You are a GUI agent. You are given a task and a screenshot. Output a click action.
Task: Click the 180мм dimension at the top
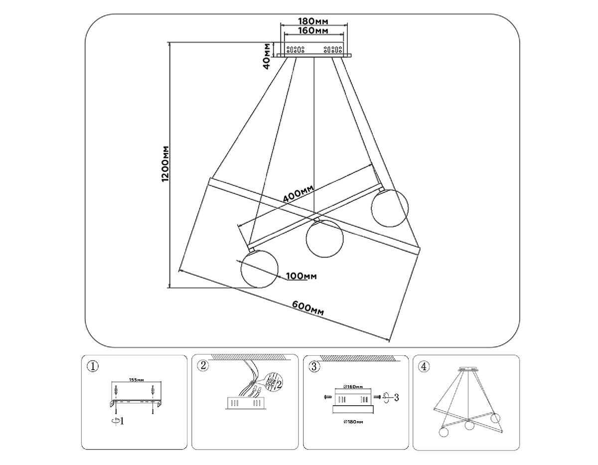point(313,21)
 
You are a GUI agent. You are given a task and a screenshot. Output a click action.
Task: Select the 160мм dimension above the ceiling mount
point(313,31)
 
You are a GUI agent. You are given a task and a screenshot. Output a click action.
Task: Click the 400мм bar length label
point(298,194)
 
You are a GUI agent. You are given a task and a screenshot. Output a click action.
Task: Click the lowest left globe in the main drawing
point(259,268)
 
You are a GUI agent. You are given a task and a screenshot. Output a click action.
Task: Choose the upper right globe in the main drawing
point(390,207)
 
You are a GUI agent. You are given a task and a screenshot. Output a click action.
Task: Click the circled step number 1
point(92,366)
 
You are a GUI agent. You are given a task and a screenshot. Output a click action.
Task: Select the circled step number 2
point(202,366)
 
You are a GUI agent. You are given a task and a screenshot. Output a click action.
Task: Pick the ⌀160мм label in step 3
point(353,388)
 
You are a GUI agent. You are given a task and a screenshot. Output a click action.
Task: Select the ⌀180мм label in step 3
point(353,422)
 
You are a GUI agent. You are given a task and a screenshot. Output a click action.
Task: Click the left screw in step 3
point(326,397)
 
